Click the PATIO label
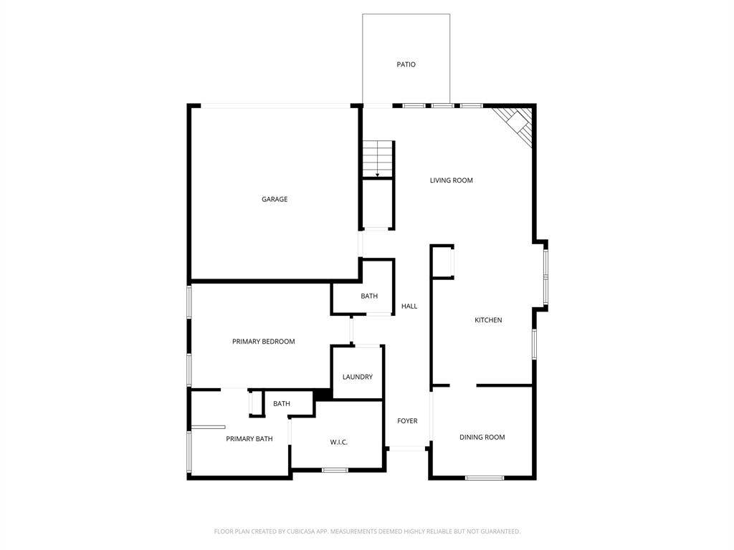coord(406,64)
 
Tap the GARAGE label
coord(275,199)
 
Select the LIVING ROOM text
coord(452,180)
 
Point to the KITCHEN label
coord(488,320)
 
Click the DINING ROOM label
coord(482,437)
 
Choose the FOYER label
coord(407,421)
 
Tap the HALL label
coord(409,307)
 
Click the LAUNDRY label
coord(357,377)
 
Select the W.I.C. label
coord(339,442)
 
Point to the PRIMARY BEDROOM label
coord(264,342)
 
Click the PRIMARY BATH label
coord(249,438)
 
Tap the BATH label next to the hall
coord(369,296)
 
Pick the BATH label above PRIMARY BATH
coord(282,404)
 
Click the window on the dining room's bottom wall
coord(485,478)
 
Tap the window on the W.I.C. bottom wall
coord(335,471)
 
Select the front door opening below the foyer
coord(407,449)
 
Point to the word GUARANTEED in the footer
coord(497,531)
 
